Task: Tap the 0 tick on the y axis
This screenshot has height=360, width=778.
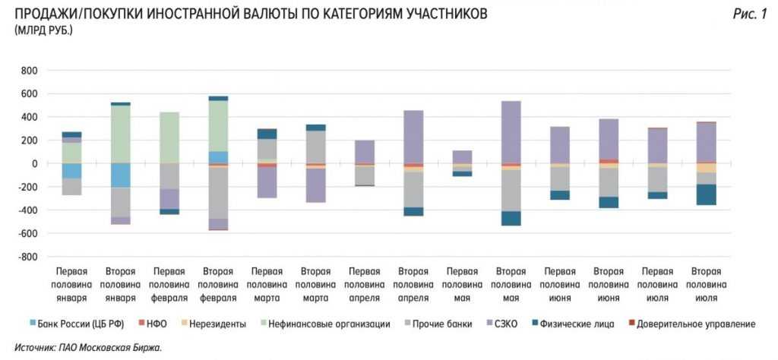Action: (x=33, y=164)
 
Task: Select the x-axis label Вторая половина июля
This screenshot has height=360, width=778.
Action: (x=707, y=285)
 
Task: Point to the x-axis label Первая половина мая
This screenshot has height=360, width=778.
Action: (x=462, y=285)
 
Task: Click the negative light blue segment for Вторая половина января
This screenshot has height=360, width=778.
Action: (x=120, y=175)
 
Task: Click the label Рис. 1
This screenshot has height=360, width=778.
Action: (x=749, y=14)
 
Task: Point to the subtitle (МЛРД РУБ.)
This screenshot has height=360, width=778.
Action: (x=43, y=30)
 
